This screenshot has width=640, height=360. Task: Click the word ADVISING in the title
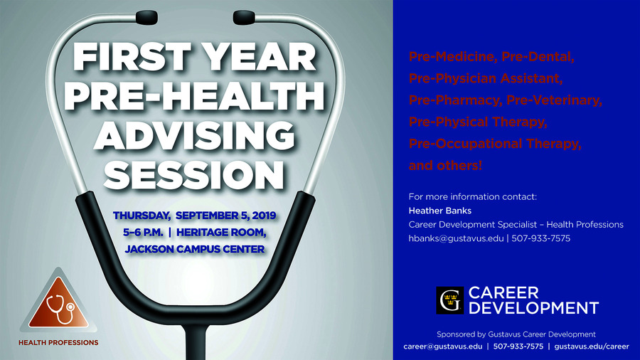tap(195, 135)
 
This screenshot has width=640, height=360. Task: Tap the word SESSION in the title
tap(194, 174)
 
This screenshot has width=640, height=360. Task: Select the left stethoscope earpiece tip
tap(146, 17)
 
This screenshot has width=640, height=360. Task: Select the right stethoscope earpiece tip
tap(244, 17)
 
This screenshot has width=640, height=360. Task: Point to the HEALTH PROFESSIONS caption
tap(58, 342)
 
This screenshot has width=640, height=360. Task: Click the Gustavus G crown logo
tap(450, 300)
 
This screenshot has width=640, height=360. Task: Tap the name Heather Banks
tap(440, 211)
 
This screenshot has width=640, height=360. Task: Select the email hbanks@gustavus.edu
tap(456, 238)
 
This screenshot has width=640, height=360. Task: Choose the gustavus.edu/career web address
tap(592, 346)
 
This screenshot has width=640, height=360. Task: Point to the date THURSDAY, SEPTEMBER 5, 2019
tap(195, 216)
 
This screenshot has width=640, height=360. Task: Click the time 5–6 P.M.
tap(143, 232)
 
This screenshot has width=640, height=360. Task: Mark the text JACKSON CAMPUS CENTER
tap(195, 249)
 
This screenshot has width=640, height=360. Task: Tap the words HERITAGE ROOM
tap(221, 232)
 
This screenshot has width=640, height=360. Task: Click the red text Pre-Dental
tap(538, 56)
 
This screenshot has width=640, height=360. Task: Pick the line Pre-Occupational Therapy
tap(495, 144)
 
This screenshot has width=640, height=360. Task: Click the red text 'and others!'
tap(445, 165)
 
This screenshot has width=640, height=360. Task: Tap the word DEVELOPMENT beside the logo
tap(533, 308)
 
